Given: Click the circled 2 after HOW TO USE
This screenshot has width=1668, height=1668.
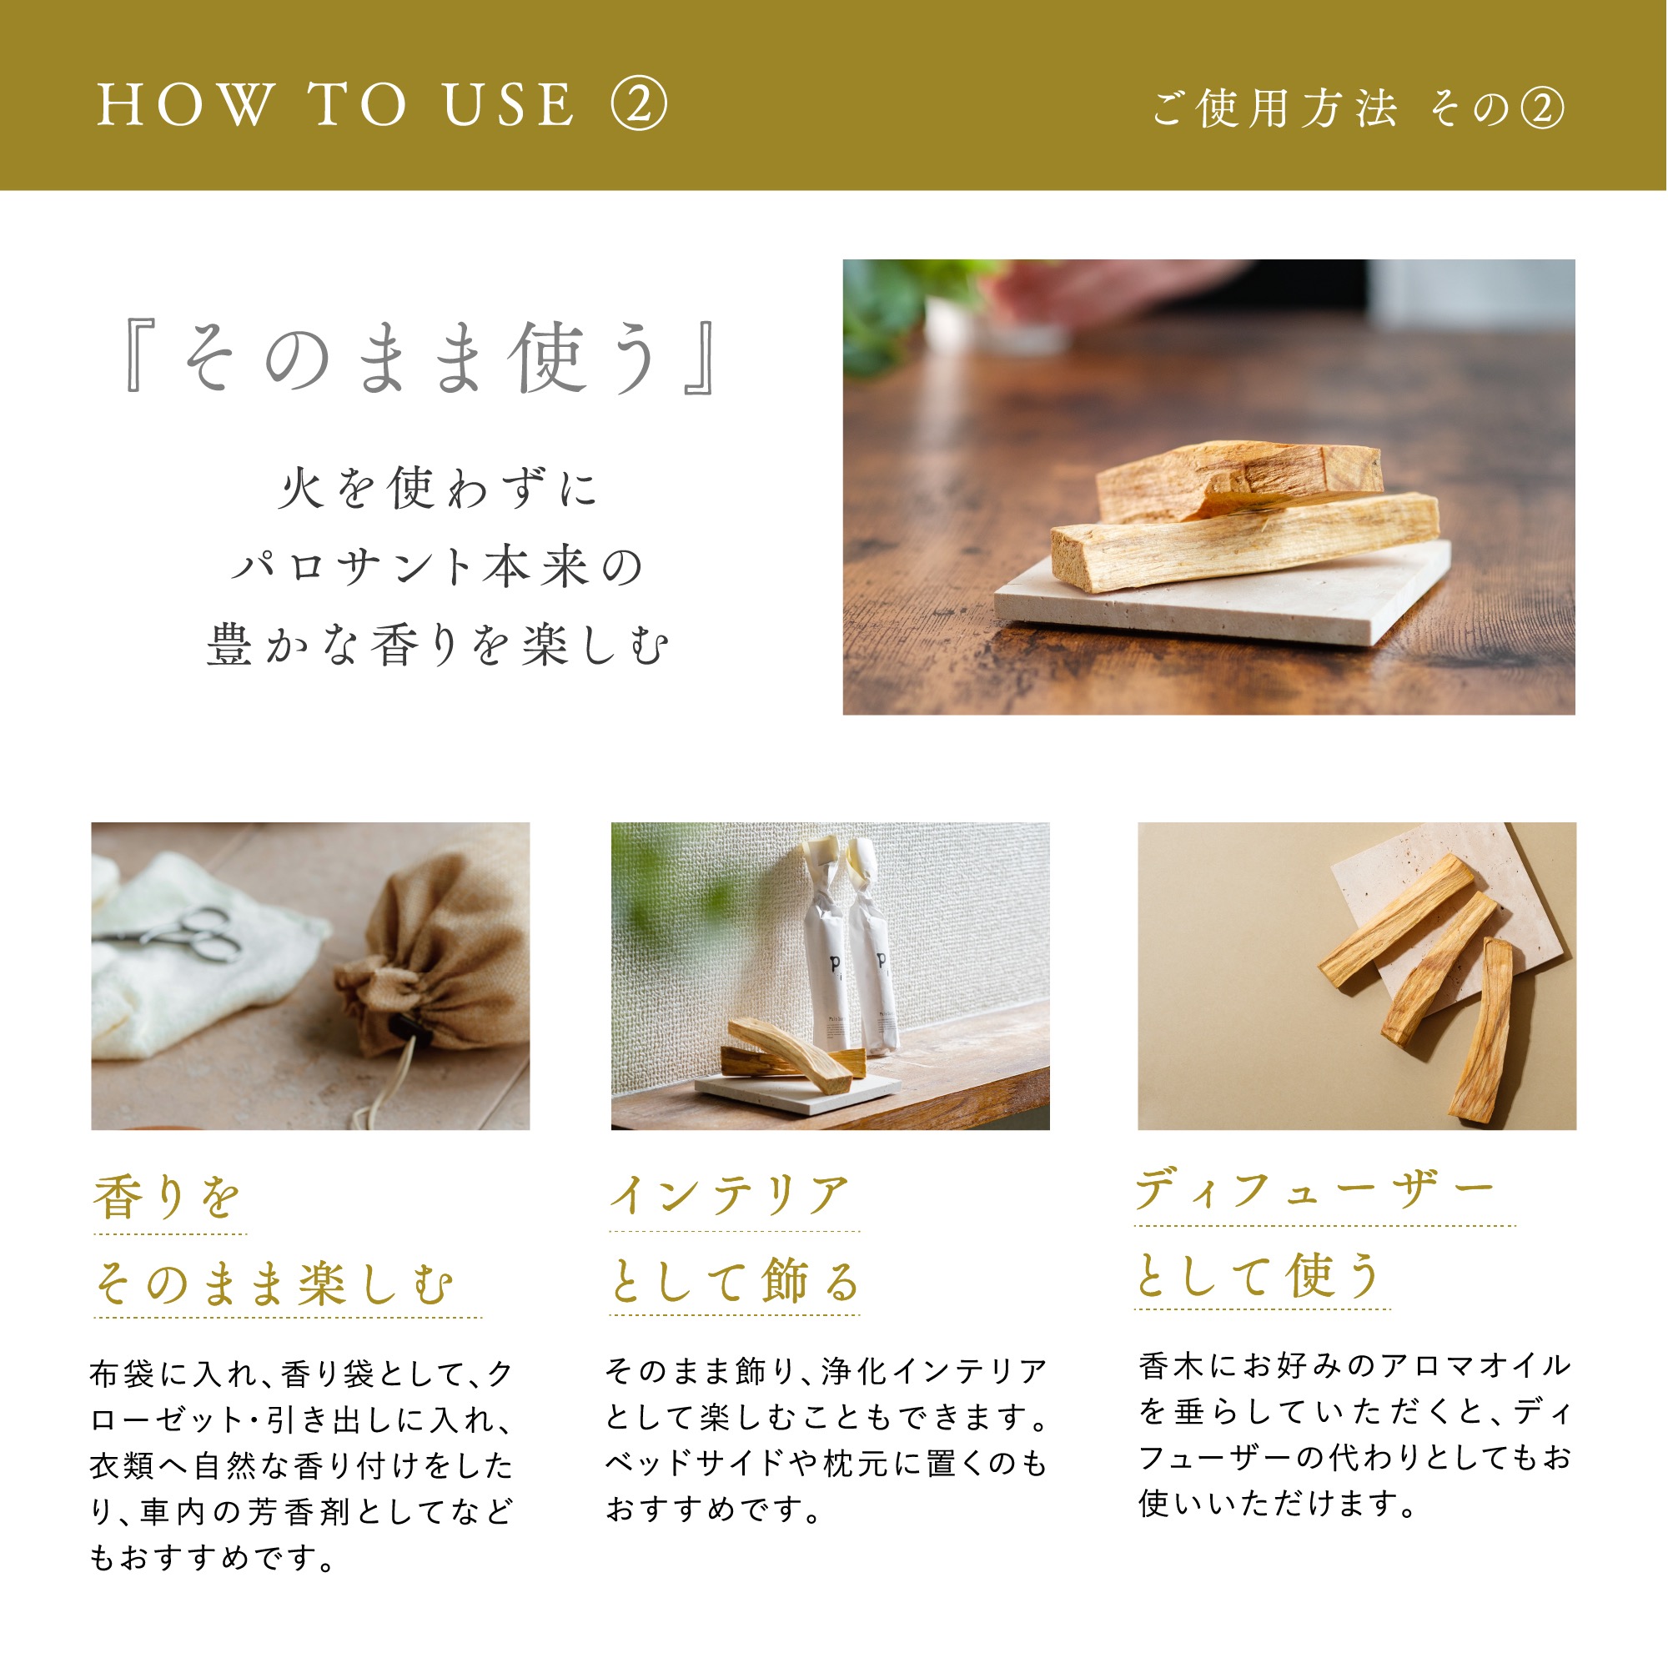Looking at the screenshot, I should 639,104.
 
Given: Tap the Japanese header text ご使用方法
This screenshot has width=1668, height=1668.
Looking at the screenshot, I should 1274,108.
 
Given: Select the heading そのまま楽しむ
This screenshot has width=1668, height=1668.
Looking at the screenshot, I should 274,1284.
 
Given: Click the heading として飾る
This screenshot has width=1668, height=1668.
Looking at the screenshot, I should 735,1281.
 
